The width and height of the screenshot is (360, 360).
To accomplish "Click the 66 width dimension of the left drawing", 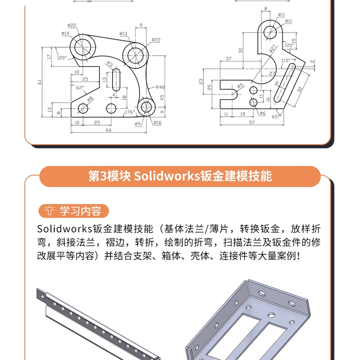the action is pos(108,130).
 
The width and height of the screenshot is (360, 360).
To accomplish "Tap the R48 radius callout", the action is pos(160,87).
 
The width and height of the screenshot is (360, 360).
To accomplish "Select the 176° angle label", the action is pos(130,112).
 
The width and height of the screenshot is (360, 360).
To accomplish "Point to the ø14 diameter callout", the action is pos(65,33).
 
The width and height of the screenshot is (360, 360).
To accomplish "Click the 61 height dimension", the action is pos(40,82).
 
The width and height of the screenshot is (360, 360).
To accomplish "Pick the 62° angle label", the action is pos(80,87).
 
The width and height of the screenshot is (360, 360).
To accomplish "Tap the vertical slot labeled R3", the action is pos(116,79).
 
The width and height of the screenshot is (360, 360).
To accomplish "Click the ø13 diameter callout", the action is pos(123,34).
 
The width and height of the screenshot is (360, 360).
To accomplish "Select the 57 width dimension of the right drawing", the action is pos(252,122).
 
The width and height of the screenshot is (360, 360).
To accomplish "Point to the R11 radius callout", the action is pos(288,21).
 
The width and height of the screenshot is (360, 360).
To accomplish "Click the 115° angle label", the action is pos(286,60).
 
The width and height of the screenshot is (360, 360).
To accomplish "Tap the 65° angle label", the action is pos(276,117).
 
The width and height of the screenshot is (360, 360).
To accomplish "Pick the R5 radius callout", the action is pos(240,86).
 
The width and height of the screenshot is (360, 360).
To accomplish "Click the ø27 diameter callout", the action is pos(272,48).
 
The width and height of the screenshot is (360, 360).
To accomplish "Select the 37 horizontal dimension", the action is pos(228,59).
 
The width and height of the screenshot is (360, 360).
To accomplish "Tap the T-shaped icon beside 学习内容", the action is pos(49,211).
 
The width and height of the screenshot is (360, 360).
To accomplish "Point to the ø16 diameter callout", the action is pos(157,122).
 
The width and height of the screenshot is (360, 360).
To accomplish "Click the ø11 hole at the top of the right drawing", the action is pos(270,33).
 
